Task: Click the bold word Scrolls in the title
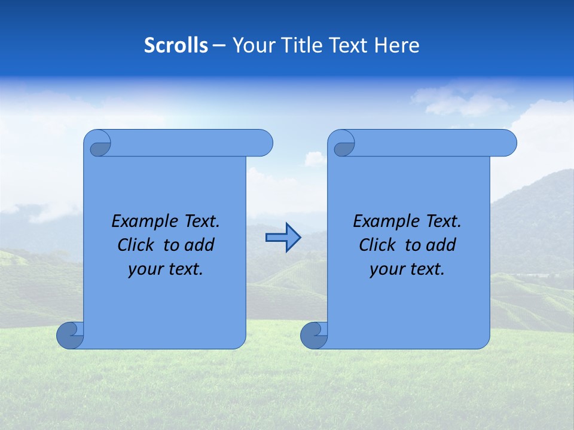[176, 45]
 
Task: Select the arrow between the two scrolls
[283, 238]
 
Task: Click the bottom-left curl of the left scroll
[71, 335]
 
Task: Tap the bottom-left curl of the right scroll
[315, 335]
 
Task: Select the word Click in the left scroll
[137, 245]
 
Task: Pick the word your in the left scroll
[144, 269]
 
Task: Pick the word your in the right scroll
[386, 269]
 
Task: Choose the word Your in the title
[251, 45]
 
